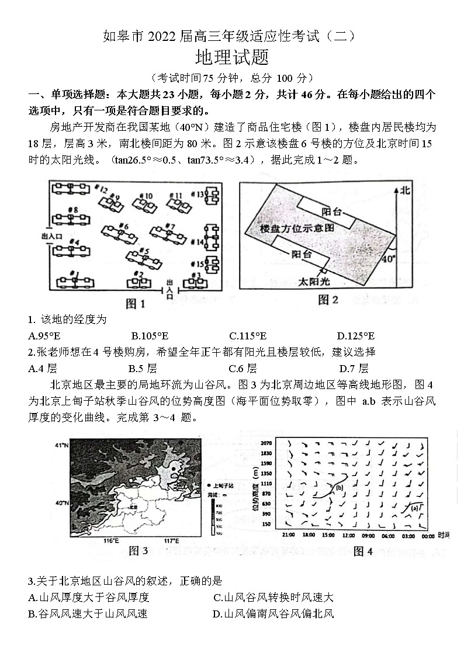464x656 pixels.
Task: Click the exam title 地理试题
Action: click(231, 59)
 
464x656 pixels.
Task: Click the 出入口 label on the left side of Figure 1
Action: click(51, 237)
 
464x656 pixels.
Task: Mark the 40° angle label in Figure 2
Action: click(388, 258)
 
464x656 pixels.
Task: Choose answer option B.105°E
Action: click(150, 335)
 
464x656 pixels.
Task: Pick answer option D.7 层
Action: click(354, 368)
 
